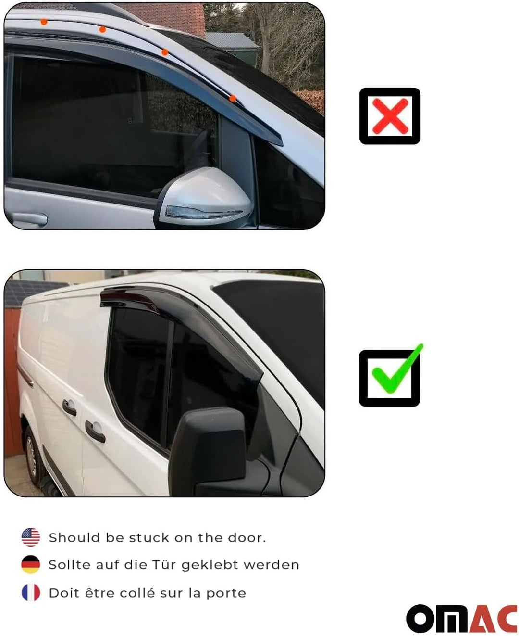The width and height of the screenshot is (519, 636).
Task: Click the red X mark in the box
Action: click(x=390, y=116)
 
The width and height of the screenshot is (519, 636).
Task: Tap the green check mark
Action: click(x=397, y=369)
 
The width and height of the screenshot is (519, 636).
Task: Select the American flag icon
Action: click(x=31, y=537)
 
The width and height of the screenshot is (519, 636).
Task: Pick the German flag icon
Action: click(x=31, y=564)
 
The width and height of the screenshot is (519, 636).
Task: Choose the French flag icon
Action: click(x=31, y=592)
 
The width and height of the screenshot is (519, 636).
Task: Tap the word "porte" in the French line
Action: click(x=226, y=593)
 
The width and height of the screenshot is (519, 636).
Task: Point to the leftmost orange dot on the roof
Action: click(x=44, y=22)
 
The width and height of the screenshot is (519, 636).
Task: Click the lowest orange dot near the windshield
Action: click(x=233, y=98)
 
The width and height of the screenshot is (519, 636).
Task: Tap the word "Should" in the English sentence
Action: click(x=74, y=537)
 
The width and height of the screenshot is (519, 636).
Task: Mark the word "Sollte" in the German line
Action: click(x=70, y=564)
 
